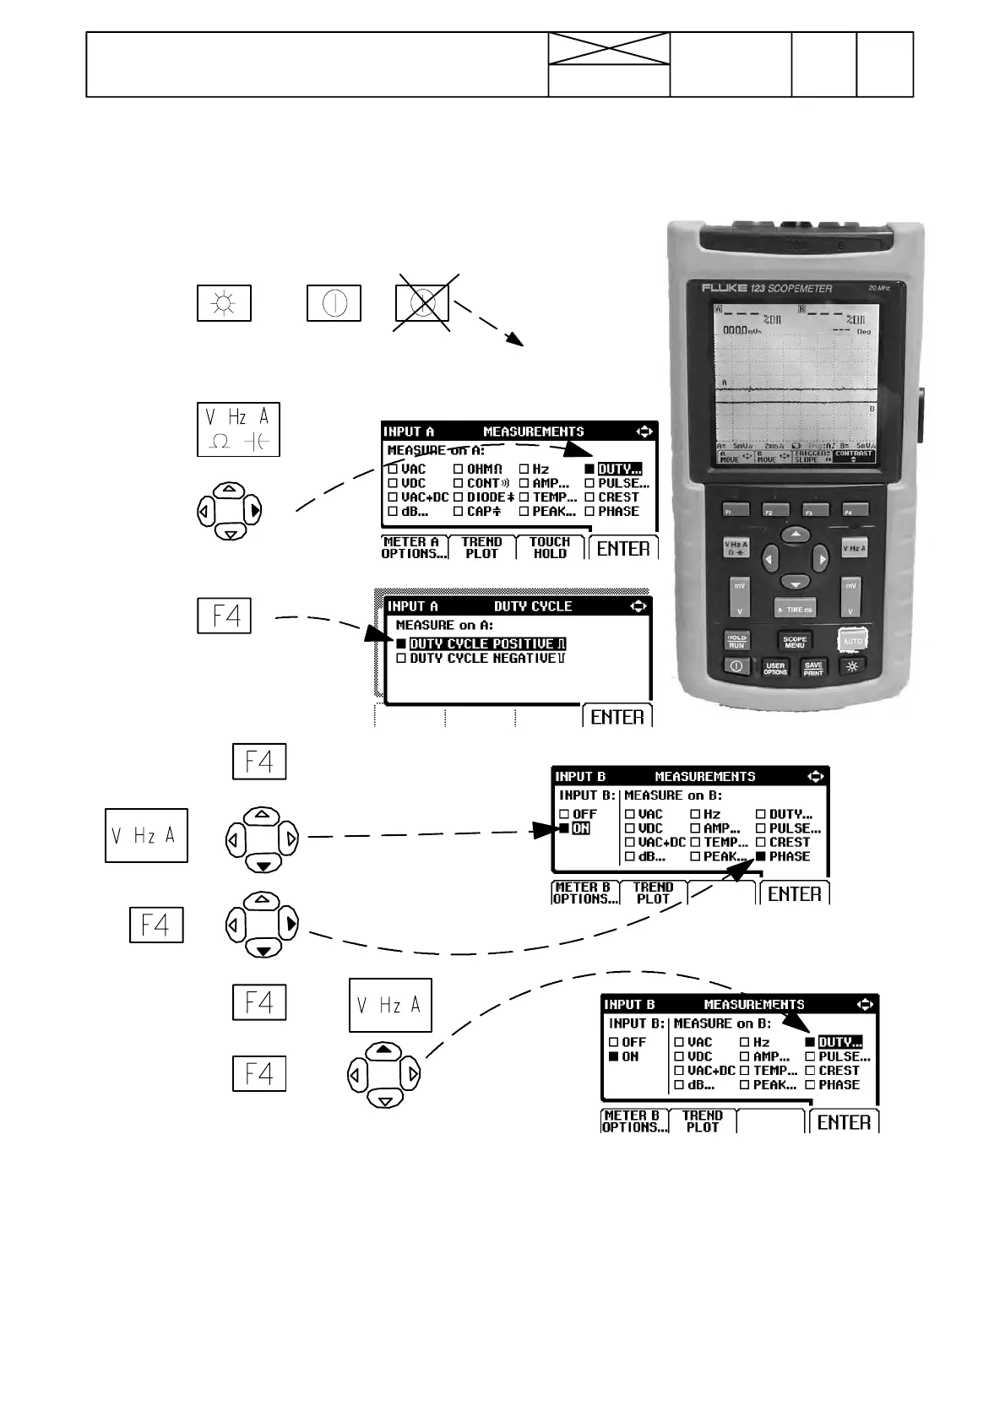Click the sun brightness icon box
tap(224, 303)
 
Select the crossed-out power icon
tap(423, 302)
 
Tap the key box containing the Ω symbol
tap(238, 430)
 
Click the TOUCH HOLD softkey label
tap(550, 548)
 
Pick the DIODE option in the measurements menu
tap(484, 497)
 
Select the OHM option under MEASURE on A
tap(479, 469)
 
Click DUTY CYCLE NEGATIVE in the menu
tap(481, 659)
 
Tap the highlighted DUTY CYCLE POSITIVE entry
tap(481, 644)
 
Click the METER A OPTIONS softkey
tap(412, 548)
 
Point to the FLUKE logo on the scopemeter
tap(725, 288)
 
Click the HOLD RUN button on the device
tap(736, 641)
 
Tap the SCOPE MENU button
tap(794, 641)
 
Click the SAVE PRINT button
tap(812, 668)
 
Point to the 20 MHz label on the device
tap(879, 288)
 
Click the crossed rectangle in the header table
tap(609, 48)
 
